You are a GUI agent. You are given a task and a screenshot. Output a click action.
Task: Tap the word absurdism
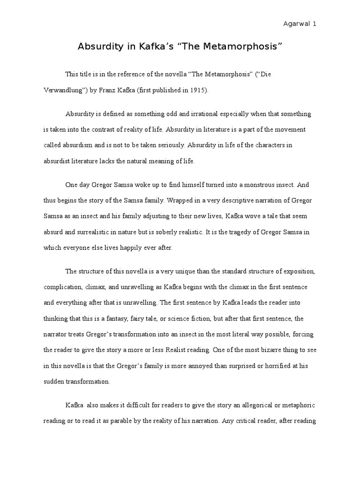[x=76, y=145]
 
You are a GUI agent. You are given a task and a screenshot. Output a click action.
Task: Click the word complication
[x=63, y=287]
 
